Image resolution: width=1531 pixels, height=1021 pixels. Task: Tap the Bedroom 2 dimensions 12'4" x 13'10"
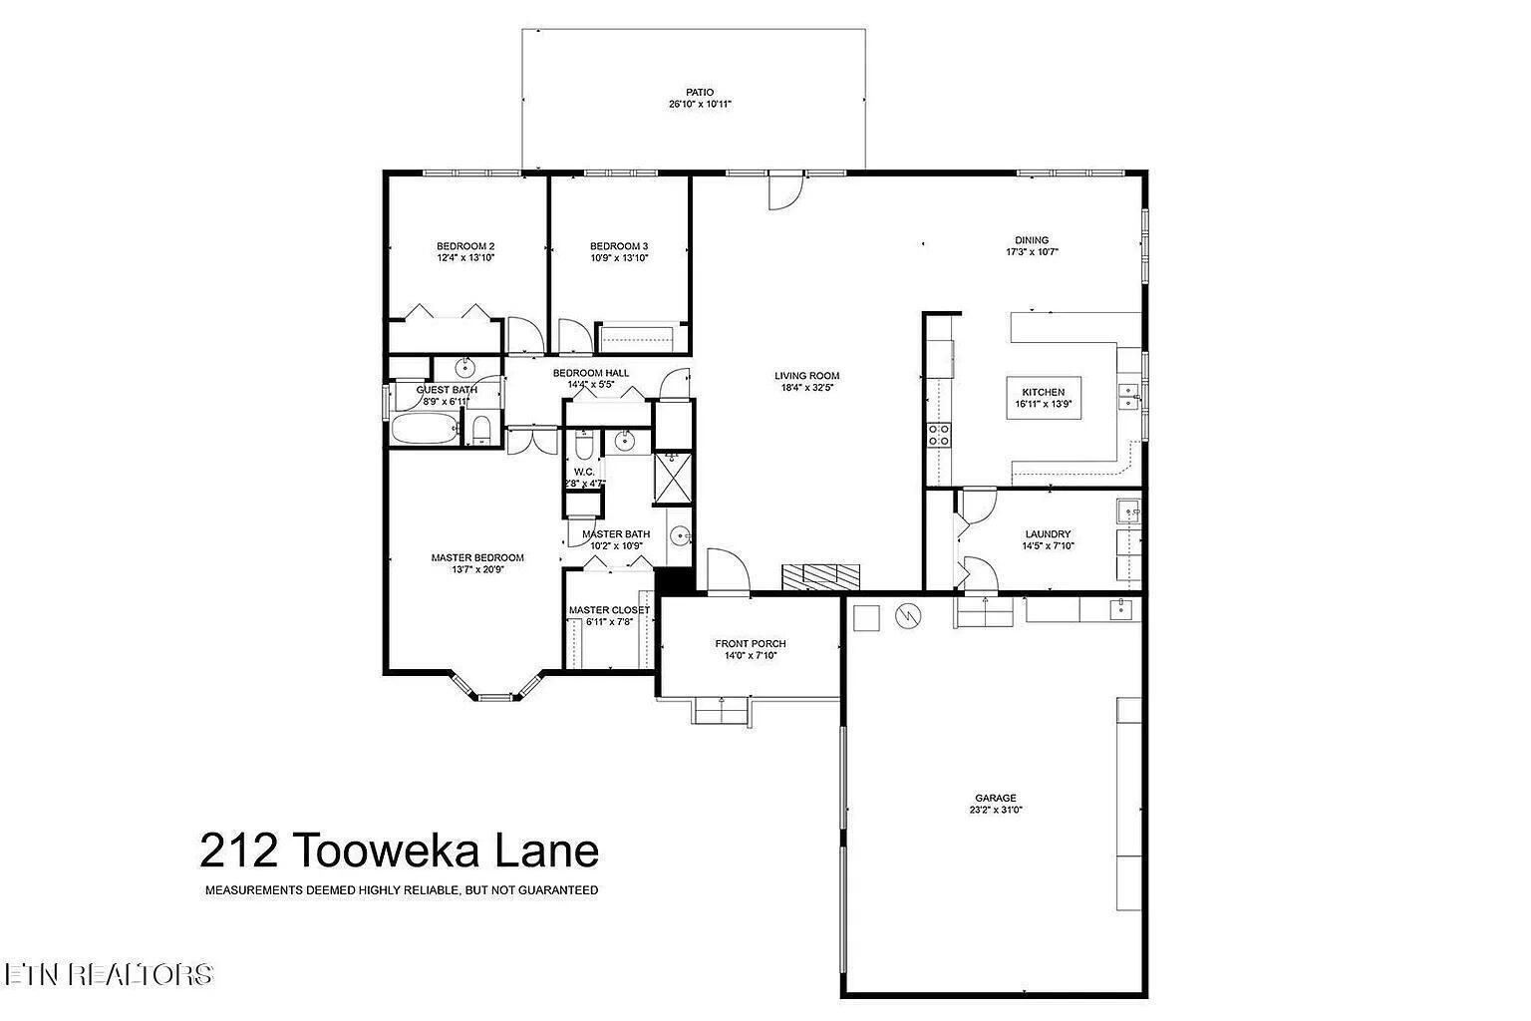[465, 258]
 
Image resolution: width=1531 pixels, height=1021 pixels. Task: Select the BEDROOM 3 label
[619, 246]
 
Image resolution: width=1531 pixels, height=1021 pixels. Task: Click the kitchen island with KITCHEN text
[1043, 398]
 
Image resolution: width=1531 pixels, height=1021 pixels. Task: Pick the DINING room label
[1032, 240]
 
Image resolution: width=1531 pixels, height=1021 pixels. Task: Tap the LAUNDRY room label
[1047, 534]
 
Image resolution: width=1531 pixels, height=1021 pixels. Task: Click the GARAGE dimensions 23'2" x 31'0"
[995, 811]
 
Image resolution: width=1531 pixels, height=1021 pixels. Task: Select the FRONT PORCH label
[750, 644]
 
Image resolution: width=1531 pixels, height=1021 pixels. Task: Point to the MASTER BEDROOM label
[476, 558]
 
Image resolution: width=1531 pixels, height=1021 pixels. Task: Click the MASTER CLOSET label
[609, 610]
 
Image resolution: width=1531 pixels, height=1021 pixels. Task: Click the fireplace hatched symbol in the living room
[820, 576]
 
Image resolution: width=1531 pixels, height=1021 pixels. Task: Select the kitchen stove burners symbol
[939, 434]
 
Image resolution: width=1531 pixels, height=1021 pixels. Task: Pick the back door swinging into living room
[784, 190]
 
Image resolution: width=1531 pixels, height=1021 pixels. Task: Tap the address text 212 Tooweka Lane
[400, 851]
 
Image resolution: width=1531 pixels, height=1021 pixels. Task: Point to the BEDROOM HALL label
[591, 373]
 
